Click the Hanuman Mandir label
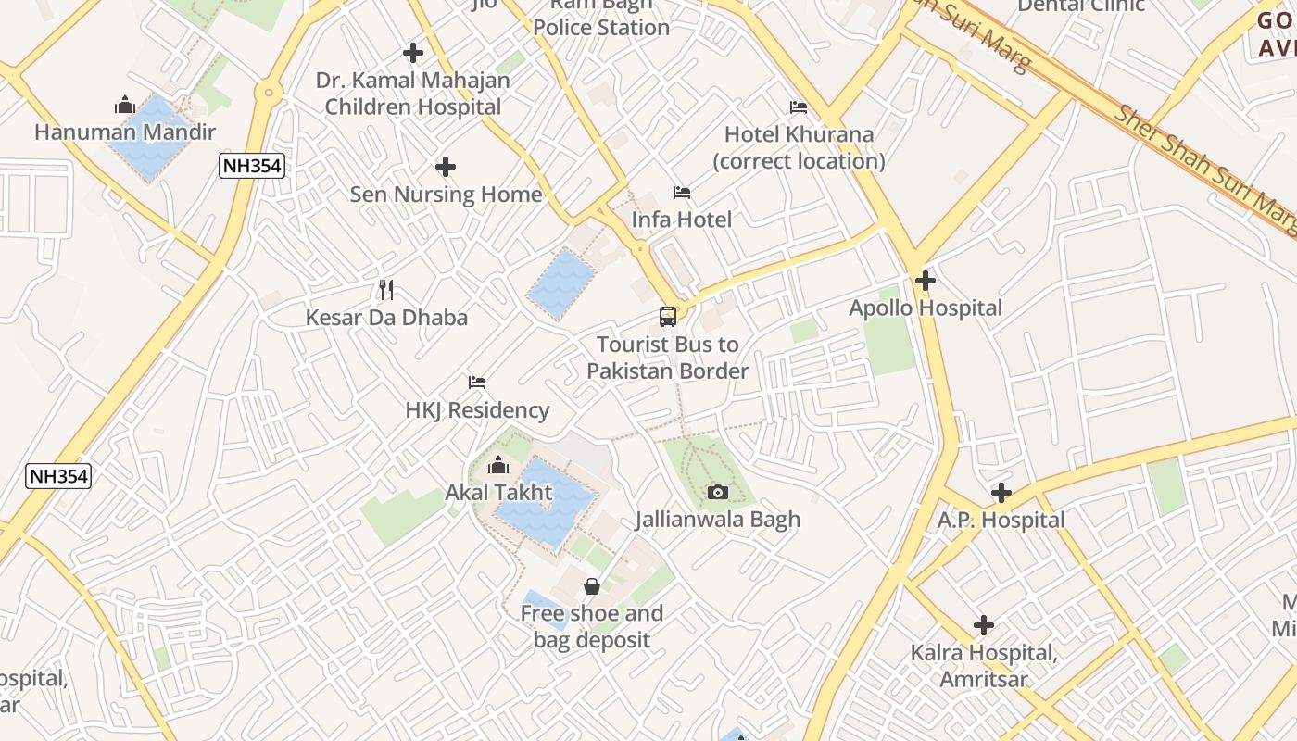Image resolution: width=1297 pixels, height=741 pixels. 125,132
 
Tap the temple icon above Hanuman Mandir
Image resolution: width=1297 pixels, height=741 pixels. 125,105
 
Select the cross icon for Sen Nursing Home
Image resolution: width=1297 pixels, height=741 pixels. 446,167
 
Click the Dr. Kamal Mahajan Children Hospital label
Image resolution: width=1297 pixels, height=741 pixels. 413,94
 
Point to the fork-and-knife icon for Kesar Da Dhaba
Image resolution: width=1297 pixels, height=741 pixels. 386,290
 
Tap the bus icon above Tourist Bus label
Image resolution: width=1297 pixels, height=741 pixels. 668,317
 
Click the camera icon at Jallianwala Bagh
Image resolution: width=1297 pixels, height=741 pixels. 718,492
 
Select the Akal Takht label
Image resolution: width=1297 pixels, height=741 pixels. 498,492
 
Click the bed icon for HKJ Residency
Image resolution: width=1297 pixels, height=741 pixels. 477,382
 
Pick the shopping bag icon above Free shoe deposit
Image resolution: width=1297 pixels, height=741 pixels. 592,586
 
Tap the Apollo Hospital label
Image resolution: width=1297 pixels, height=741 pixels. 926,308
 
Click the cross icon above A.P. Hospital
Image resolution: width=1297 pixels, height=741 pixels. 1001,493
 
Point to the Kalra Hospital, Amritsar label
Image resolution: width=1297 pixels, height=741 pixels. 983,666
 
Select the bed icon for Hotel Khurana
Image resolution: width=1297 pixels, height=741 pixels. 799,107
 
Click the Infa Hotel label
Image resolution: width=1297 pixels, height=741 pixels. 681,220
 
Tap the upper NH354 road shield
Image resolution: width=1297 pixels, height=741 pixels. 252,167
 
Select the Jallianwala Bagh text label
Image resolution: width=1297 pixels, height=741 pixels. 718,520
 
